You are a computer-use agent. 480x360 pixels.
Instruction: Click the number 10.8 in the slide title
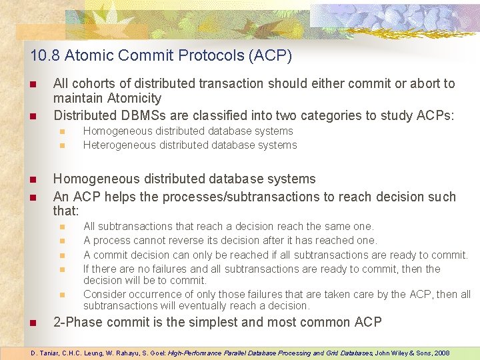point(43,55)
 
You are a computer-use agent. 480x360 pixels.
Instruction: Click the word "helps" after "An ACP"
point(123,197)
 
